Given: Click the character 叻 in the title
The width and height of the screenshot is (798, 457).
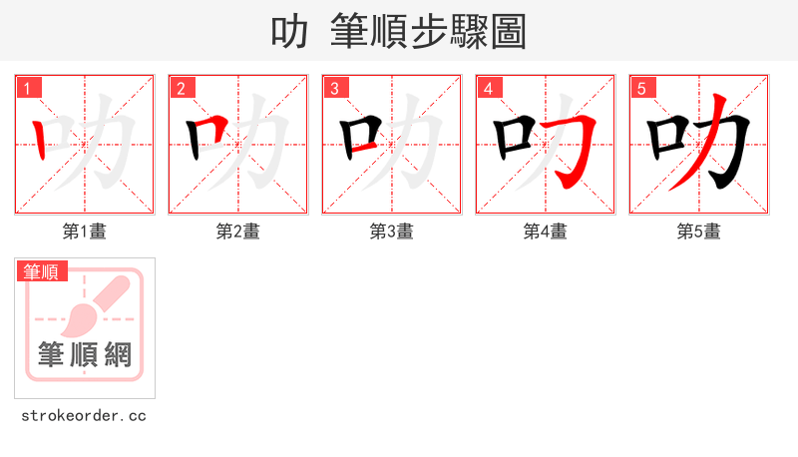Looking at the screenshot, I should point(289,32).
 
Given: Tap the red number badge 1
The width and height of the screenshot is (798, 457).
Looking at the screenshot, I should point(30,88).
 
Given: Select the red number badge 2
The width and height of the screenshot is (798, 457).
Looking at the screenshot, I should point(182,88).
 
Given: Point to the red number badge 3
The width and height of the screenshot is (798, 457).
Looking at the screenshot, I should point(335,88).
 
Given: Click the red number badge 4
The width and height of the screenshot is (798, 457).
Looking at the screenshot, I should point(489,88).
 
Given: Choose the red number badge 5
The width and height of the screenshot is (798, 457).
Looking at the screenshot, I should point(642,88).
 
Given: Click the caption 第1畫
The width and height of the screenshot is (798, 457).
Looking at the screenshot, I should point(85,231).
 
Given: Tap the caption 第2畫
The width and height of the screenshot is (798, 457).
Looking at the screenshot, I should point(238,231).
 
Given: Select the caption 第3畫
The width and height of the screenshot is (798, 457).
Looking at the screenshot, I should point(392,231).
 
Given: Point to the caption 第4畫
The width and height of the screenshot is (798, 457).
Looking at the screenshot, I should point(546,231).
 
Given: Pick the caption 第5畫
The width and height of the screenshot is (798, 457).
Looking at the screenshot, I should point(699,231).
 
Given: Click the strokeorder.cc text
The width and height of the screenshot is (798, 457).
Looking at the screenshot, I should point(84,415).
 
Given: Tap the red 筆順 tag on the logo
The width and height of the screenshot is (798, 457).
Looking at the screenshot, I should point(41,271).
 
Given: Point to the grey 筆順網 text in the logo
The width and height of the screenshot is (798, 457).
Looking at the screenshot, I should point(85,354).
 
